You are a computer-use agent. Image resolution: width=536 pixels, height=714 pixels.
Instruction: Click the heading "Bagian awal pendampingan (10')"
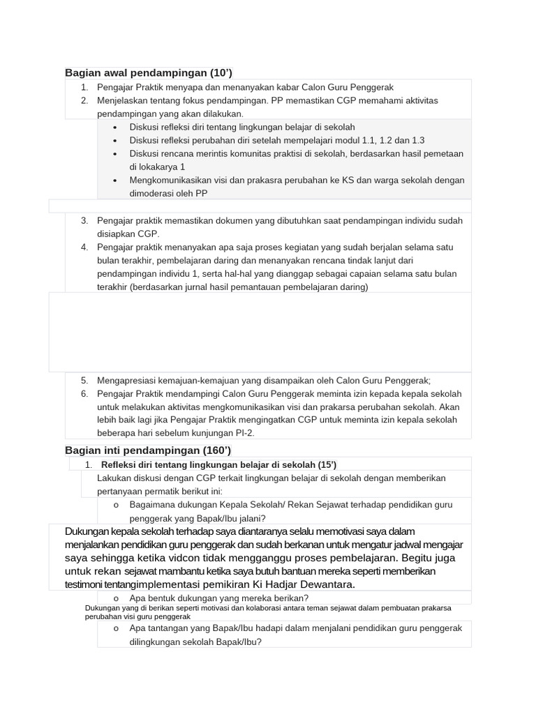pos(148,73)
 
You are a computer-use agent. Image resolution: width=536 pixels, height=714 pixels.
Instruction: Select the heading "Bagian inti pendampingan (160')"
pos(148,450)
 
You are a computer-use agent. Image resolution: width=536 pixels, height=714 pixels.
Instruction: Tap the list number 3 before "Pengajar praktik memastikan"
pos(84,220)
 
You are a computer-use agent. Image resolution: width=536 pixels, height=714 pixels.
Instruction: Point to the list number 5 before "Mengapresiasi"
pos(84,380)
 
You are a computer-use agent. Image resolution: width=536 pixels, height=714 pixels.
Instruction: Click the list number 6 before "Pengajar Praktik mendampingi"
pos(84,393)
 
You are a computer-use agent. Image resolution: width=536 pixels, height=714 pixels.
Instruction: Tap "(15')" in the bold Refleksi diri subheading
pos(327,464)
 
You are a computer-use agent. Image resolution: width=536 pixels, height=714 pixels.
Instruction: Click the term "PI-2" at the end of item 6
pos(243,433)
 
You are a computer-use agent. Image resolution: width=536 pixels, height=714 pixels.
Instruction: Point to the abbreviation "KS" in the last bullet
pos(348,180)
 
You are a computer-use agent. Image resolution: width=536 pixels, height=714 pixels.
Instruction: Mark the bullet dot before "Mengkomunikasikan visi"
pos(115,180)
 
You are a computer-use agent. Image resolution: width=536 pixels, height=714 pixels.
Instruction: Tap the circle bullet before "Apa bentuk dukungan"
pos(115,598)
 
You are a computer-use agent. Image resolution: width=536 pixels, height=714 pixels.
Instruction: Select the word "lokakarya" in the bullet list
pos(159,167)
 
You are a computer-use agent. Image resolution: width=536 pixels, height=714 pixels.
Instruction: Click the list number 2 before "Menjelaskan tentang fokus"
pos(84,100)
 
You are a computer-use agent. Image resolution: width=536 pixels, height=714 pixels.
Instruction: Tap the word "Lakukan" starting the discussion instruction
pos(114,478)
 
